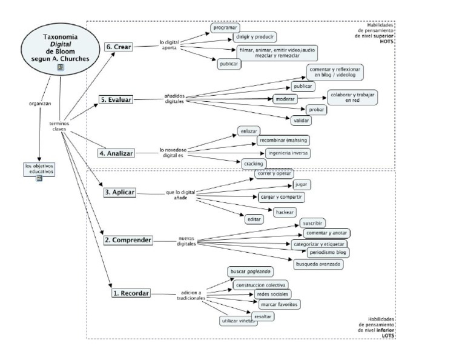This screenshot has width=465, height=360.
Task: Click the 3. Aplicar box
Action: coord(119,193)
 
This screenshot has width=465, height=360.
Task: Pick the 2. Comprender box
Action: coord(127,240)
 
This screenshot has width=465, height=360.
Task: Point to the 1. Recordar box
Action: coord(130,293)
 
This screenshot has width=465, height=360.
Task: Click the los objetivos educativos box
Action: coord(39,168)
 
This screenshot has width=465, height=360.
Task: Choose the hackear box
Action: coord(285,212)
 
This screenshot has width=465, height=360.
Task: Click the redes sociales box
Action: coord(268,294)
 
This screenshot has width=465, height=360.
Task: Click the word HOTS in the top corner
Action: coord(387,42)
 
